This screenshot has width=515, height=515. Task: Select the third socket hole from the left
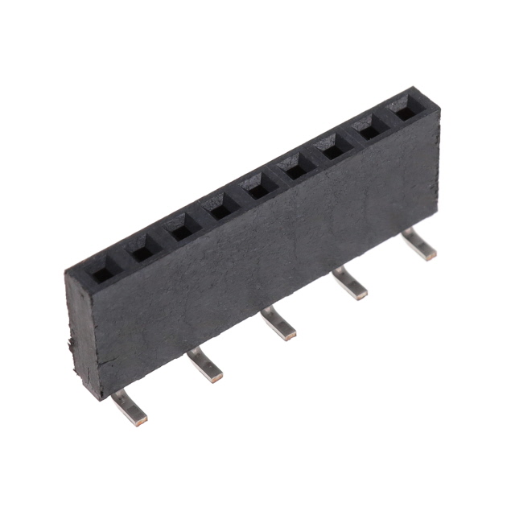pos(182,232)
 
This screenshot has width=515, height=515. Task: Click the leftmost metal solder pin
pos(130,406)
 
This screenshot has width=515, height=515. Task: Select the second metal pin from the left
pos(204,365)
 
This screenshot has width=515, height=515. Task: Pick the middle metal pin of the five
pos(278,324)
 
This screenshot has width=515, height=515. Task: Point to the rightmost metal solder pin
pos(419,244)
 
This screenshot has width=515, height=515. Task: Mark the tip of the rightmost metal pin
pos(431,253)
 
